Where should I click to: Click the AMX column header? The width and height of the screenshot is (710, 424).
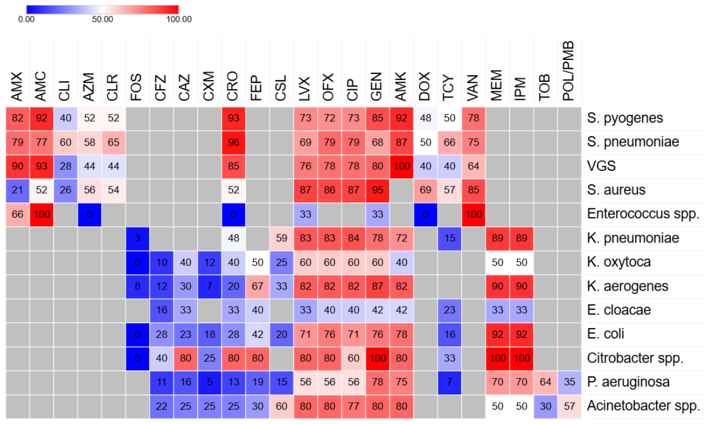(17, 86)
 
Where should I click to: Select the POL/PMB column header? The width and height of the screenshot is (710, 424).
(569, 71)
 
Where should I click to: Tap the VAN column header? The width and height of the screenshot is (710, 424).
(473, 88)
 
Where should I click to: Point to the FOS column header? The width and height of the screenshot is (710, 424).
(137, 87)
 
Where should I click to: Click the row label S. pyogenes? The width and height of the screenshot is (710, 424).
(625, 118)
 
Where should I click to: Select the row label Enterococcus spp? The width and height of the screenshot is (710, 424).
(643, 214)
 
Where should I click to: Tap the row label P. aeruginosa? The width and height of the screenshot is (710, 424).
(628, 382)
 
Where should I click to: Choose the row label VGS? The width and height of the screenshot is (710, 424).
(601, 166)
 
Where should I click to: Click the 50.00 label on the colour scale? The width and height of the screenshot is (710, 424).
(103, 20)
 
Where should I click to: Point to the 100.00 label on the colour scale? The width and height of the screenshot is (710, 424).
(179, 20)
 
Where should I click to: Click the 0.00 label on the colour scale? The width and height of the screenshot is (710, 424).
(26, 20)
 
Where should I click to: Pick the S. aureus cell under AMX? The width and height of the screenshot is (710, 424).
(18, 190)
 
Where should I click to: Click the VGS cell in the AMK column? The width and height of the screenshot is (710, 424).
(402, 166)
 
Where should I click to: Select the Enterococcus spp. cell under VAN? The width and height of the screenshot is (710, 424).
(474, 214)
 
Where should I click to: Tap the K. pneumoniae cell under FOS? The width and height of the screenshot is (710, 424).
(137, 238)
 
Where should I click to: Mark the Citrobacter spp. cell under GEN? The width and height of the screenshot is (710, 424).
(378, 358)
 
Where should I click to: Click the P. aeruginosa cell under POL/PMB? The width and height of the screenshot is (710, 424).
(569, 382)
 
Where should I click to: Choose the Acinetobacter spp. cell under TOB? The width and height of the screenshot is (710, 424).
(545, 406)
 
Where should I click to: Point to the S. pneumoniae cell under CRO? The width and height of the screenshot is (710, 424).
(234, 142)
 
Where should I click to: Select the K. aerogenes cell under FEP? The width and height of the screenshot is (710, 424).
(258, 286)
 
